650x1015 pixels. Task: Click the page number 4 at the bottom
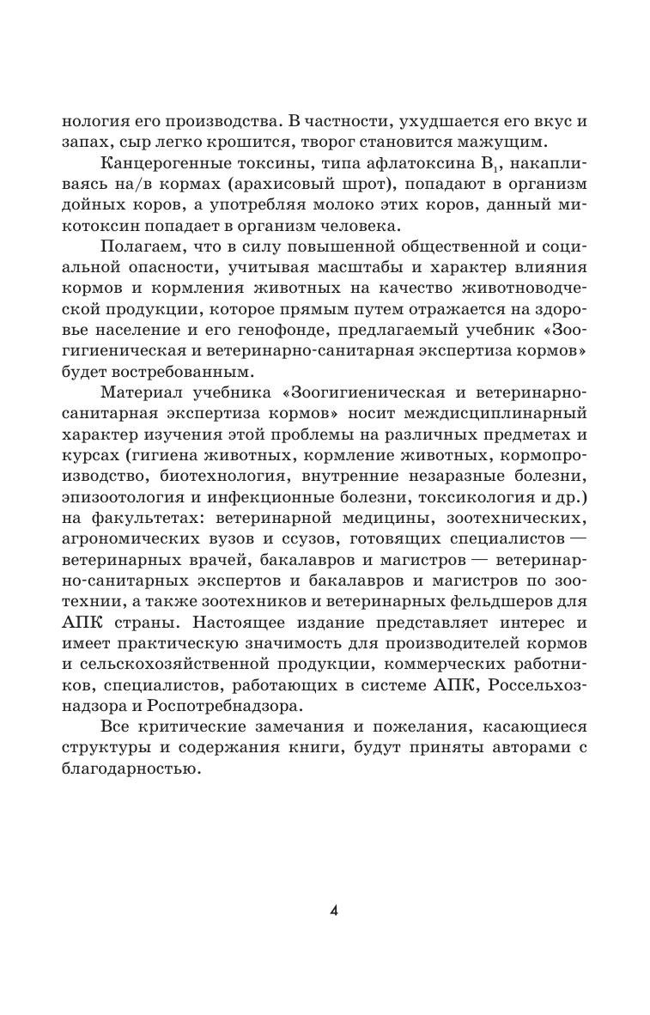tap(333, 886)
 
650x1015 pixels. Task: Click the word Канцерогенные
tap(162, 162)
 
